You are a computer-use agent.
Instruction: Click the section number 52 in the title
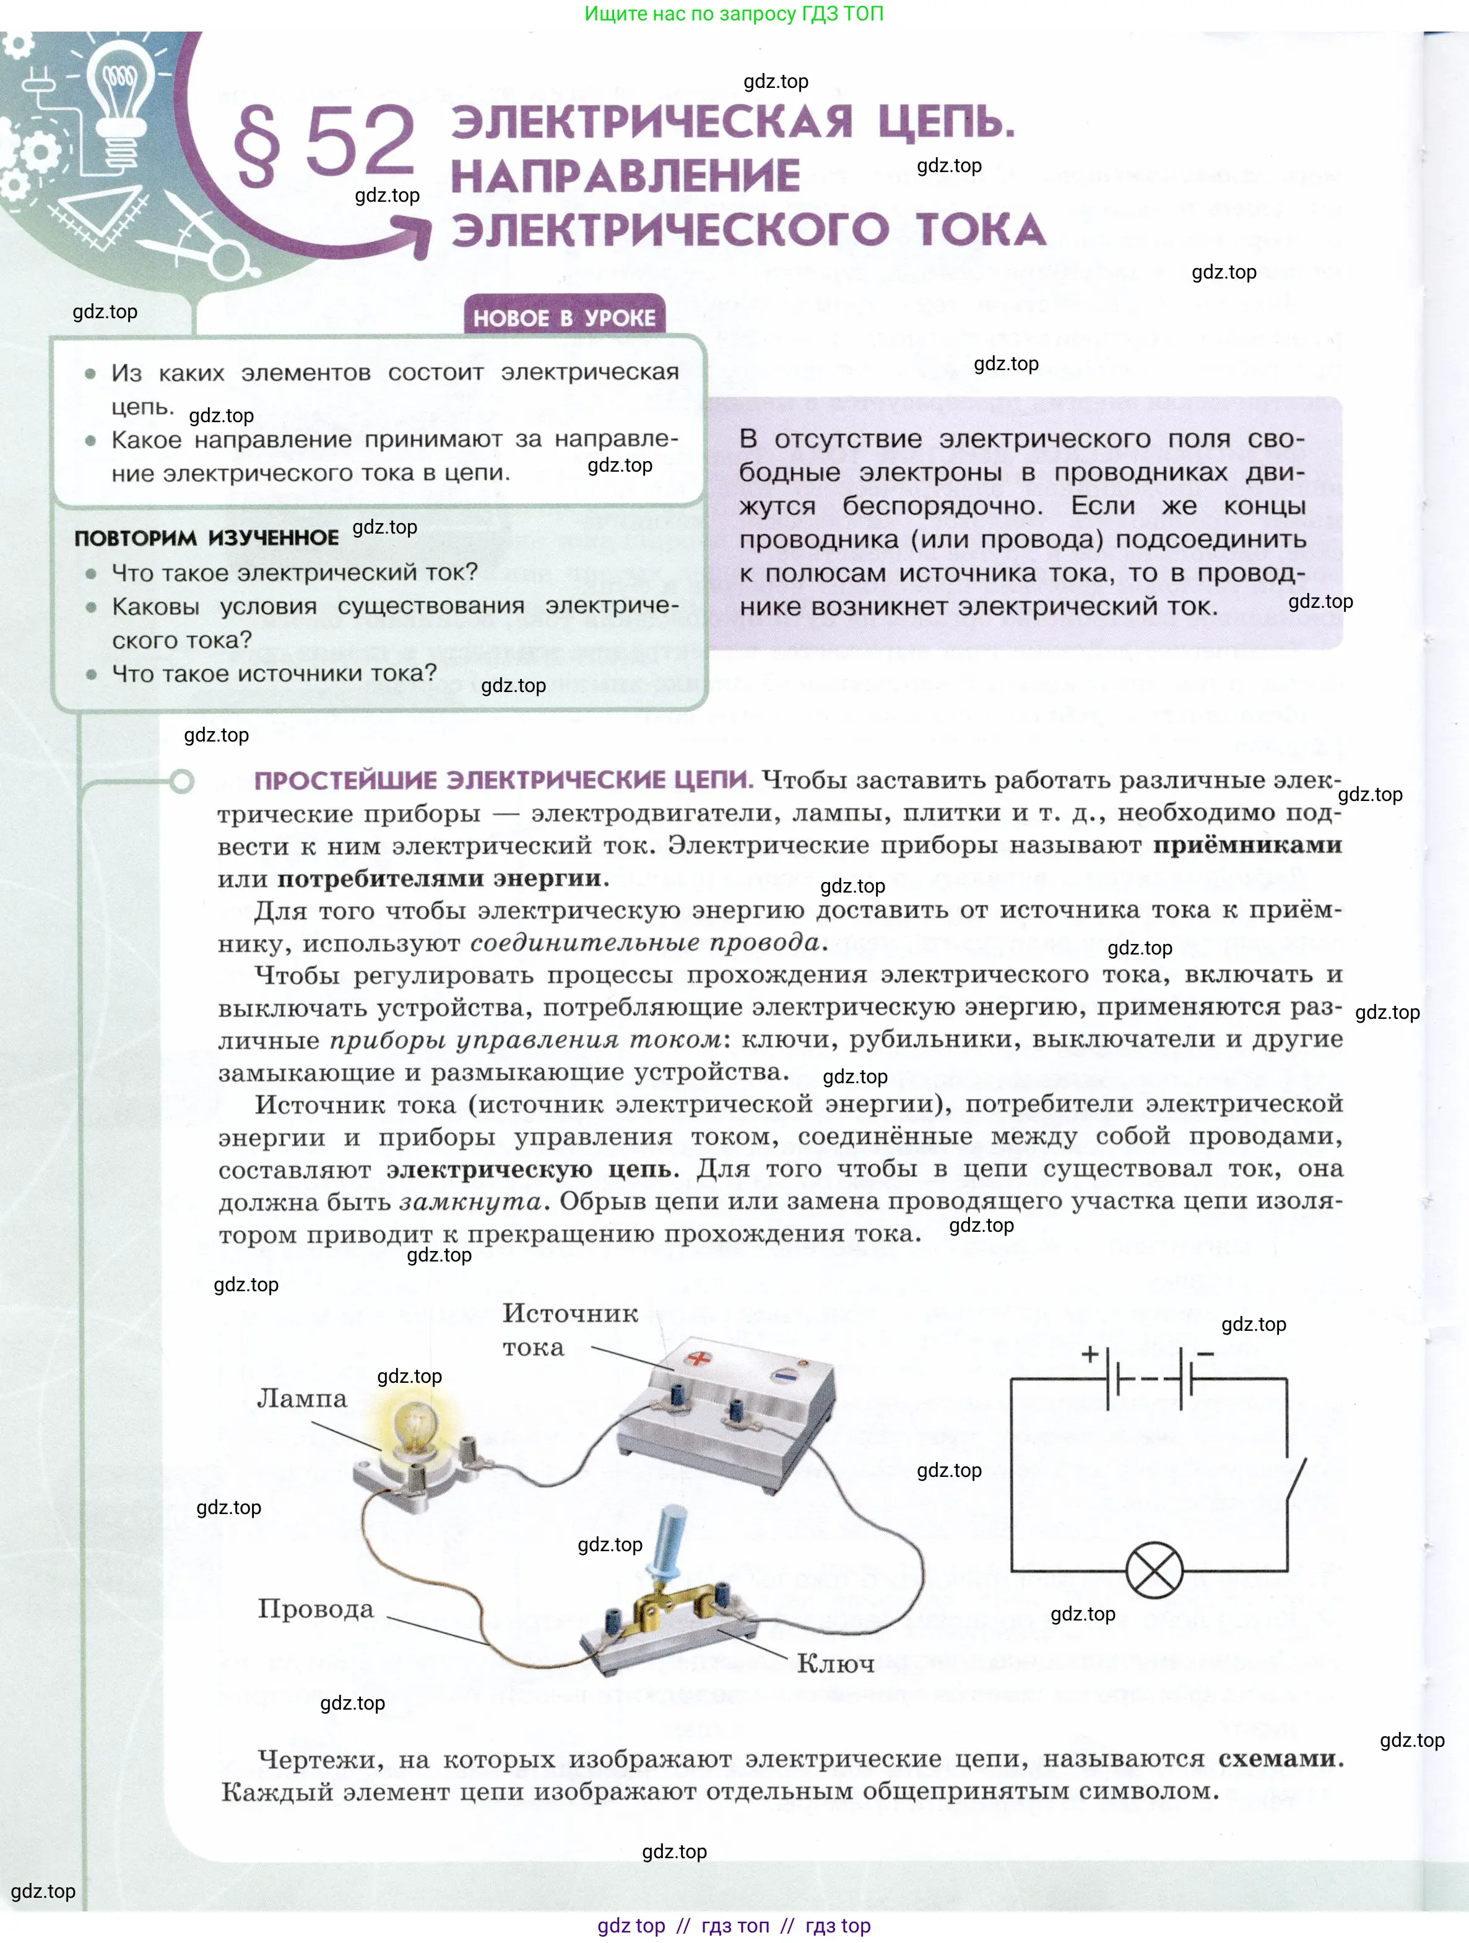[x=359, y=141]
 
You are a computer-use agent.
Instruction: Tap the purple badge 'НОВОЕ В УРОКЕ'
[x=564, y=317]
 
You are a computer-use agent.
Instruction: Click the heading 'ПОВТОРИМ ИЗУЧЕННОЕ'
[x=207, y=537]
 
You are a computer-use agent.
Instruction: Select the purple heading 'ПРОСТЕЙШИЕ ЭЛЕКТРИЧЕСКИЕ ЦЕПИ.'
[x=503, y=780]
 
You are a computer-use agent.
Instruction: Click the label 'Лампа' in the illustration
[x=301, y=1398]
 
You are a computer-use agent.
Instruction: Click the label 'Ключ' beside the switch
[x=834, y=1663]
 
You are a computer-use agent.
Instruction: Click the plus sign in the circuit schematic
[x=1090, y=1354]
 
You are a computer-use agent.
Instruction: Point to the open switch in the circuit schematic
[x=1295, y=1484]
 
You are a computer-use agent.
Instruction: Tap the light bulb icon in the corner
[x=119, y=92]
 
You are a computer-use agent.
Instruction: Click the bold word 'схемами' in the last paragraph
[x=1278, y=1759]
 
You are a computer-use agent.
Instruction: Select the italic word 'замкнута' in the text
[x=470, y=1201]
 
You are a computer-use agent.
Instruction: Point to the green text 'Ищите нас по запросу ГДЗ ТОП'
[x=734, y=14]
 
